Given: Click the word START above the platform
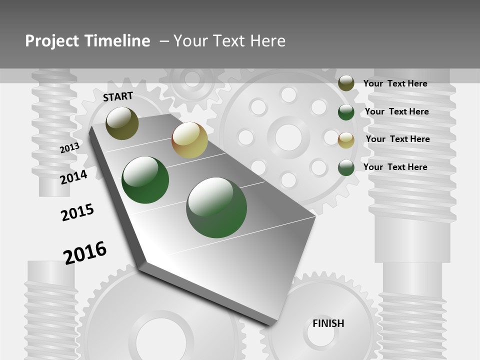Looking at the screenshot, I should coord(118,96).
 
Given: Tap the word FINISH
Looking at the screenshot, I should coord(328,323).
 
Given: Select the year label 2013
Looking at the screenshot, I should coord(69,148).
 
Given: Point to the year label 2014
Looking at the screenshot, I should coord(73,177).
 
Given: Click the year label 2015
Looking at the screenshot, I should coord(77,212).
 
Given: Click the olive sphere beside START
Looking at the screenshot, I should coord(122,123).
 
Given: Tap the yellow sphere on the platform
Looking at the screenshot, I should coord(189,140).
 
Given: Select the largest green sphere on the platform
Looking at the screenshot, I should coord(216,207).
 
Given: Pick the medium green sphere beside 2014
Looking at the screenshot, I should coord(145,180).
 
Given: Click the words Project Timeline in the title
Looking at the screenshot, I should coord(87,41).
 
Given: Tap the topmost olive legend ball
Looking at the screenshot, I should coord(346,83).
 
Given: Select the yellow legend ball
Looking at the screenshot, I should coord(346,140).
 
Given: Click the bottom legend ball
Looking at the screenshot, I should coord(346,167).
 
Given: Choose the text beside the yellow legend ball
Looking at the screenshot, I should coord(397,139).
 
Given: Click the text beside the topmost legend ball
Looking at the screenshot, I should coord(395,83).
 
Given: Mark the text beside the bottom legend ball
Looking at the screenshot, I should coord(395,167).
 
